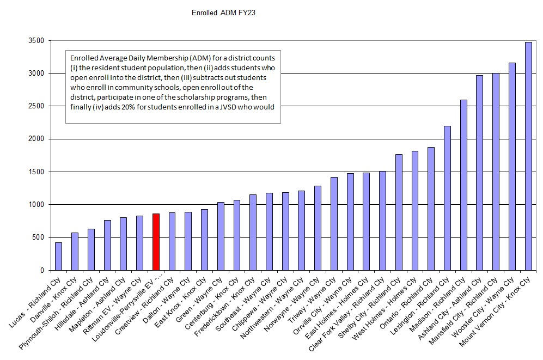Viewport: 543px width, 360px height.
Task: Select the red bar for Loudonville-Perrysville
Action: coord(156,242)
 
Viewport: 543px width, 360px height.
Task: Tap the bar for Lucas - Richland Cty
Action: coord(58,256)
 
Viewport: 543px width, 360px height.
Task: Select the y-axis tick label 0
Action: coord(43,270)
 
